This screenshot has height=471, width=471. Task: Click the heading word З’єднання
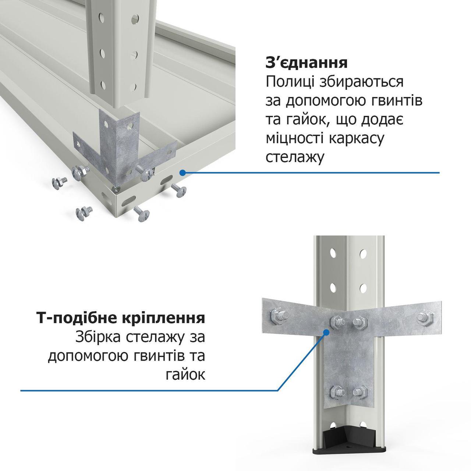[307, 63]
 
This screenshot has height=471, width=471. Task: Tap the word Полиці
[290, 82]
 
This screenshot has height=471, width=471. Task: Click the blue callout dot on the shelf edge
[182, 173]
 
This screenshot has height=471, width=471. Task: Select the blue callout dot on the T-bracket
[326, 332]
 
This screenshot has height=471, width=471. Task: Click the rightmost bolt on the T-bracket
[425, 318]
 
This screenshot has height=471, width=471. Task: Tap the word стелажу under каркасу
[294, 157]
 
